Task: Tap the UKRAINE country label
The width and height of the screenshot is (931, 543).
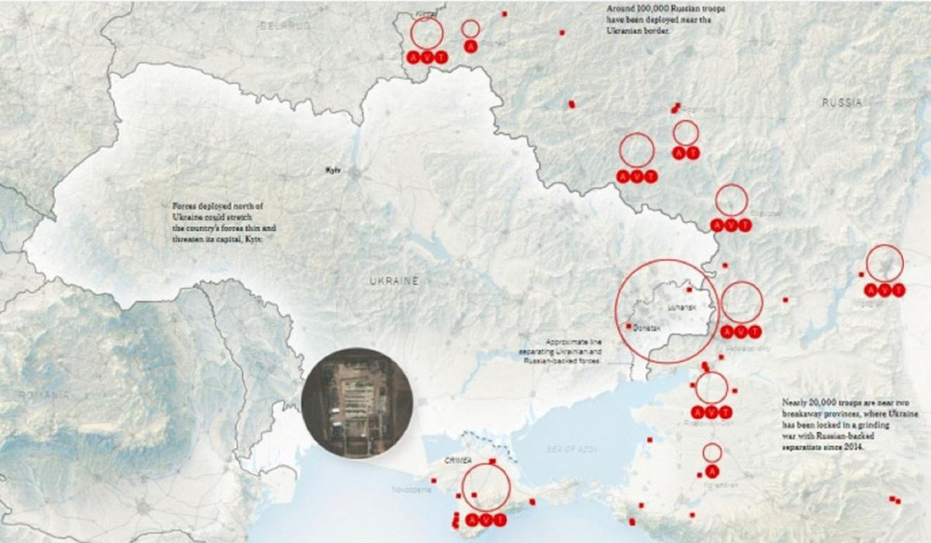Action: [393, 280]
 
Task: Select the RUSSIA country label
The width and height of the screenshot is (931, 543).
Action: [842, 102]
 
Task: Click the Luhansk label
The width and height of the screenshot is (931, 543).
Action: [681, 306]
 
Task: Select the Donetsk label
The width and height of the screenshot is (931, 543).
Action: [646, 329]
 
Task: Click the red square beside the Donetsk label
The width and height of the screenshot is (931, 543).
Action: [629, 326]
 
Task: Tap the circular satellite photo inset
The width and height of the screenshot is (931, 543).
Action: [357, 402]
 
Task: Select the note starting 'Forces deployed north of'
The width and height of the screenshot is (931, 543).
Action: [217, 221]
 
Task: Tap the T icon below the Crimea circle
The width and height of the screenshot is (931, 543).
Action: [502, 519]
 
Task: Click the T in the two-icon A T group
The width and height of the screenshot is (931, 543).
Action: [693, 153]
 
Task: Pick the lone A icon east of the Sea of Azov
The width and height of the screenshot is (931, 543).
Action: [712, 472]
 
